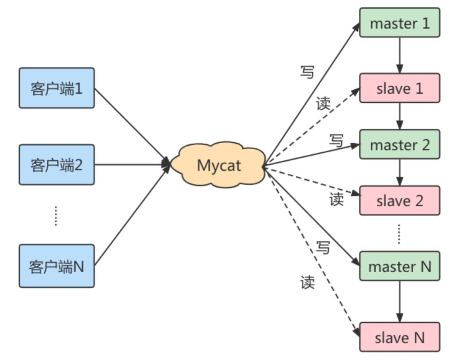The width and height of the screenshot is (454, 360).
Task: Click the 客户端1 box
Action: click(57, 88)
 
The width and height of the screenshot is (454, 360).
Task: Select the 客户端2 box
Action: click(57, 164)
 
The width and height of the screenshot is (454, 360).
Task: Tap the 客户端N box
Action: click(57, 266)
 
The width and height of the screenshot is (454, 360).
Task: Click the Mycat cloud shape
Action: click(219, 165)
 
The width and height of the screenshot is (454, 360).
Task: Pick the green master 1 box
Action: click(399, 23)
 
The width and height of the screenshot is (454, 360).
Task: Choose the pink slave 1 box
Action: click(399, 88)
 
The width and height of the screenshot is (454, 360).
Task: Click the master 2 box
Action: click(399, 144)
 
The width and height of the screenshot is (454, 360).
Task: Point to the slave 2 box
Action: click(399, 201)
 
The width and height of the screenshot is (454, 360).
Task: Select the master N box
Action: click(399, 266)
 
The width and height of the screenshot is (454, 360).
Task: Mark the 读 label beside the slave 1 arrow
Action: click(323, 104)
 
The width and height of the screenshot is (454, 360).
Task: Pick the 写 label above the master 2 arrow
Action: click(336, 140)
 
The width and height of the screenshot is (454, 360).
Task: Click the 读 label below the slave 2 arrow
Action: click(336, 199)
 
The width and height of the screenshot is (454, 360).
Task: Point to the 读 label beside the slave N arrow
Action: click(307, 282)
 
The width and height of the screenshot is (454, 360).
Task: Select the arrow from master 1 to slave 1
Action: click(399, 55)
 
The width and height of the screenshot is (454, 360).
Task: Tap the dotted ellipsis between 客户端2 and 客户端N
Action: click(56, 216)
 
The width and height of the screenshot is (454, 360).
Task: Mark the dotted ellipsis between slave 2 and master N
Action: click(399, 234)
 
